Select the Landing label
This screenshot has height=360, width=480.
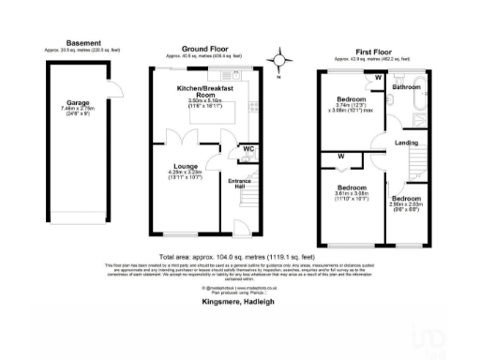click(407, 142)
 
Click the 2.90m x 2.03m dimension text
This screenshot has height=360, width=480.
click(405, 207)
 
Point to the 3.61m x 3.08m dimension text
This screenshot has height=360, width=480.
click(351, 198)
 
